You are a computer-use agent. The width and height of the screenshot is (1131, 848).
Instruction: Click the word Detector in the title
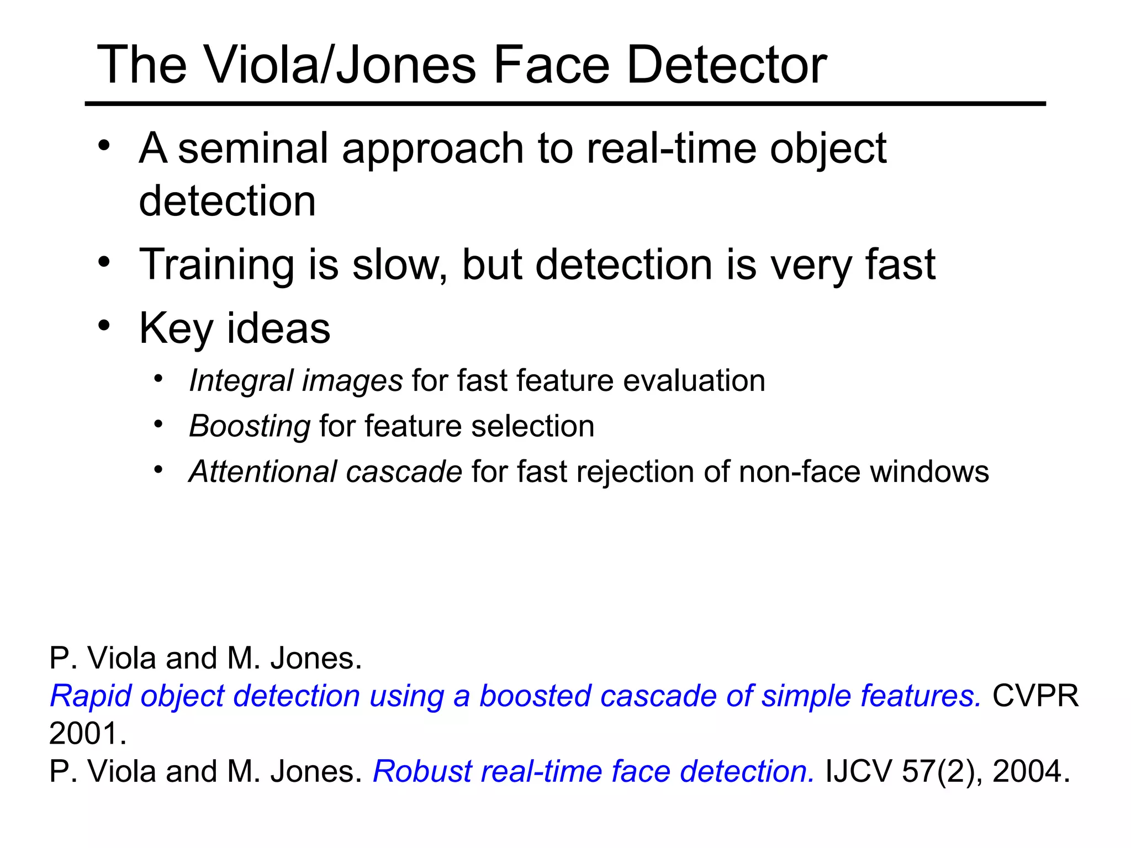(727, 65)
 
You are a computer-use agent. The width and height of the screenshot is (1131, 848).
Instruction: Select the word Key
(176, 328)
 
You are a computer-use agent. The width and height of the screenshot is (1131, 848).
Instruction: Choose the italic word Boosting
(250, 426)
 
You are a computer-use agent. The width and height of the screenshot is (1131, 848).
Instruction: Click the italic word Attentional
(263, 472)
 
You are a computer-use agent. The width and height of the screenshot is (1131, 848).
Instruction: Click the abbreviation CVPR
(1035, 696)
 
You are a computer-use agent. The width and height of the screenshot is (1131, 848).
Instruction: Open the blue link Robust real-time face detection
(594, 771)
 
